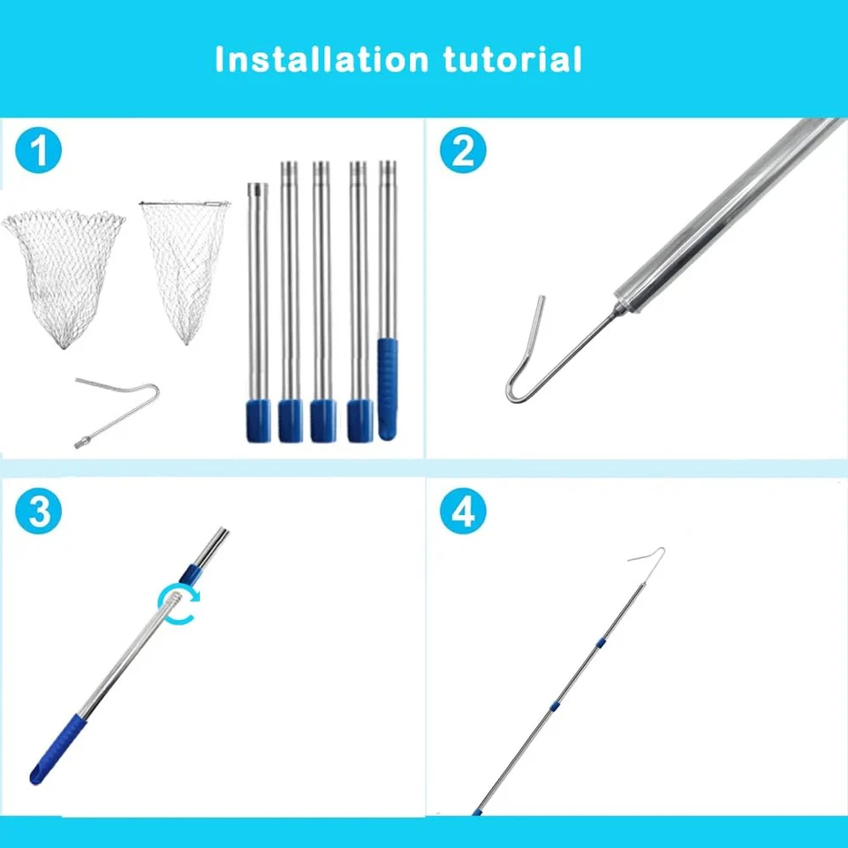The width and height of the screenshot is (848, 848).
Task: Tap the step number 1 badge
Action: [39, 152]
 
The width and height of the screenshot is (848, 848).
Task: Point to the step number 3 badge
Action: [39, 513]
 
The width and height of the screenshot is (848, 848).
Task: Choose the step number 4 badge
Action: [463, 513]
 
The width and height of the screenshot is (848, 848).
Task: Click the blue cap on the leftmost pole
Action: [256, 420]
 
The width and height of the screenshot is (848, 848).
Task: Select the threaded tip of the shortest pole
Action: [256, 189]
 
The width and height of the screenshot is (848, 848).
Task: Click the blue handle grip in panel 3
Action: [62, 742]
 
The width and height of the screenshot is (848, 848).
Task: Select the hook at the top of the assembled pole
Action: [649, 560]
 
